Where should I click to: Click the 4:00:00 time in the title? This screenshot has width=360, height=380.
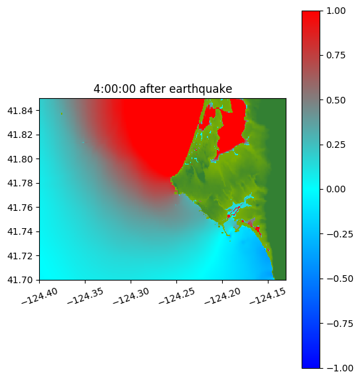(x=115, y=89)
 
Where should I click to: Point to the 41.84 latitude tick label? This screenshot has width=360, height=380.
(x=20, y=111)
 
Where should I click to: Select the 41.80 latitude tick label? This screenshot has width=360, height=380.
(x=20, y=159)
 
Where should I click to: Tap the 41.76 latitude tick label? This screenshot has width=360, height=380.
(x=20, y=208)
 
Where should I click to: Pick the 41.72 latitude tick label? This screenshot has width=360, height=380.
(x=20, y=256)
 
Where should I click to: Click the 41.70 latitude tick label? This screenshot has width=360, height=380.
(x=20, y=280)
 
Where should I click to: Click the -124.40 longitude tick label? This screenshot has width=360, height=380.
(x=40, y=296)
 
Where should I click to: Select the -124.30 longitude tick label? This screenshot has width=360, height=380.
(x=131, y=296)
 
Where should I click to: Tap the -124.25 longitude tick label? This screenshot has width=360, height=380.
(x=177, y=296)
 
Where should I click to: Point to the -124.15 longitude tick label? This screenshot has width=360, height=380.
(x=268, y=296)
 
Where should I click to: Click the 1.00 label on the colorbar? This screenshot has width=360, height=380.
(x=335, y=11)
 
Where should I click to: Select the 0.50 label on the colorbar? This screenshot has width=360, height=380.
(x=335, y=100)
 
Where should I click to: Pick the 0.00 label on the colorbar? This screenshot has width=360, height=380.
(x=335, y=189)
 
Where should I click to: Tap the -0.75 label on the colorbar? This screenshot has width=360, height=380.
(x=339, y=324)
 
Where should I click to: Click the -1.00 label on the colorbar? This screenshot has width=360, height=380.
(x=339, y=368)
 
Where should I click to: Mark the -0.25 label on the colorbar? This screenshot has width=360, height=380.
(x=339, y=234)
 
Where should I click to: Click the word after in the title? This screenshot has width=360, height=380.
(x=152, y=89)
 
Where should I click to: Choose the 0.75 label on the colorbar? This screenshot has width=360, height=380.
(x=335, y=56)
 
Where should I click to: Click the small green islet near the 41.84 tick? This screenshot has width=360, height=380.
(x=62, y=113)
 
